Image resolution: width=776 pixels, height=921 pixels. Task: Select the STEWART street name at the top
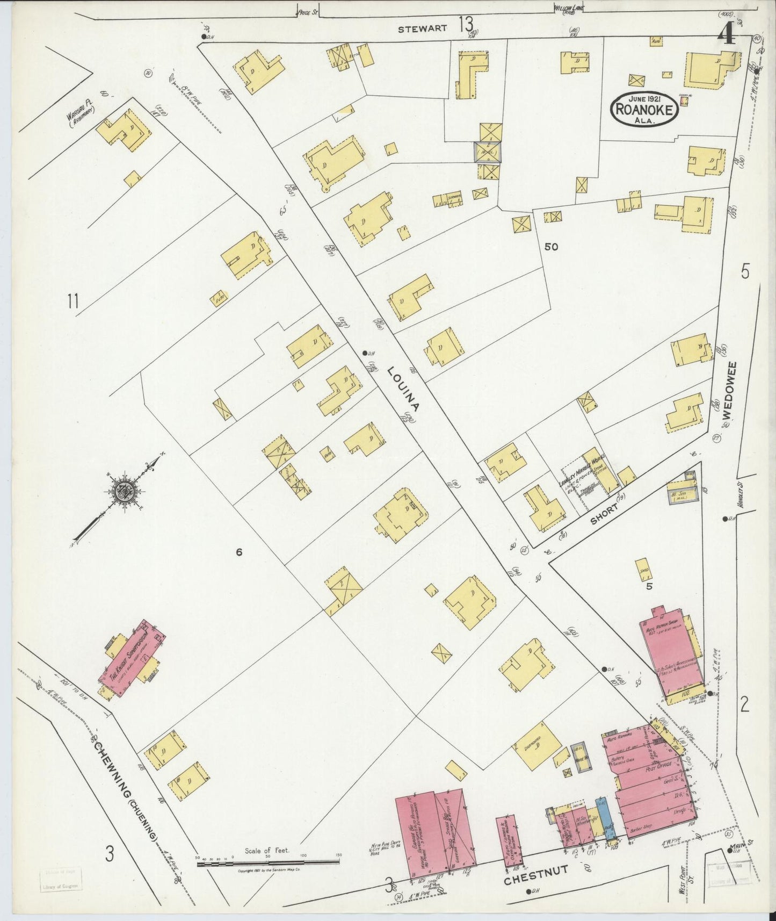(422, 30)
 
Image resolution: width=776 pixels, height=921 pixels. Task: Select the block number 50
(551, 247)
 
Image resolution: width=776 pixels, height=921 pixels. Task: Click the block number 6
(240, 551)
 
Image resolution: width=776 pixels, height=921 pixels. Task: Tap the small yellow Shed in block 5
(642, 570)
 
